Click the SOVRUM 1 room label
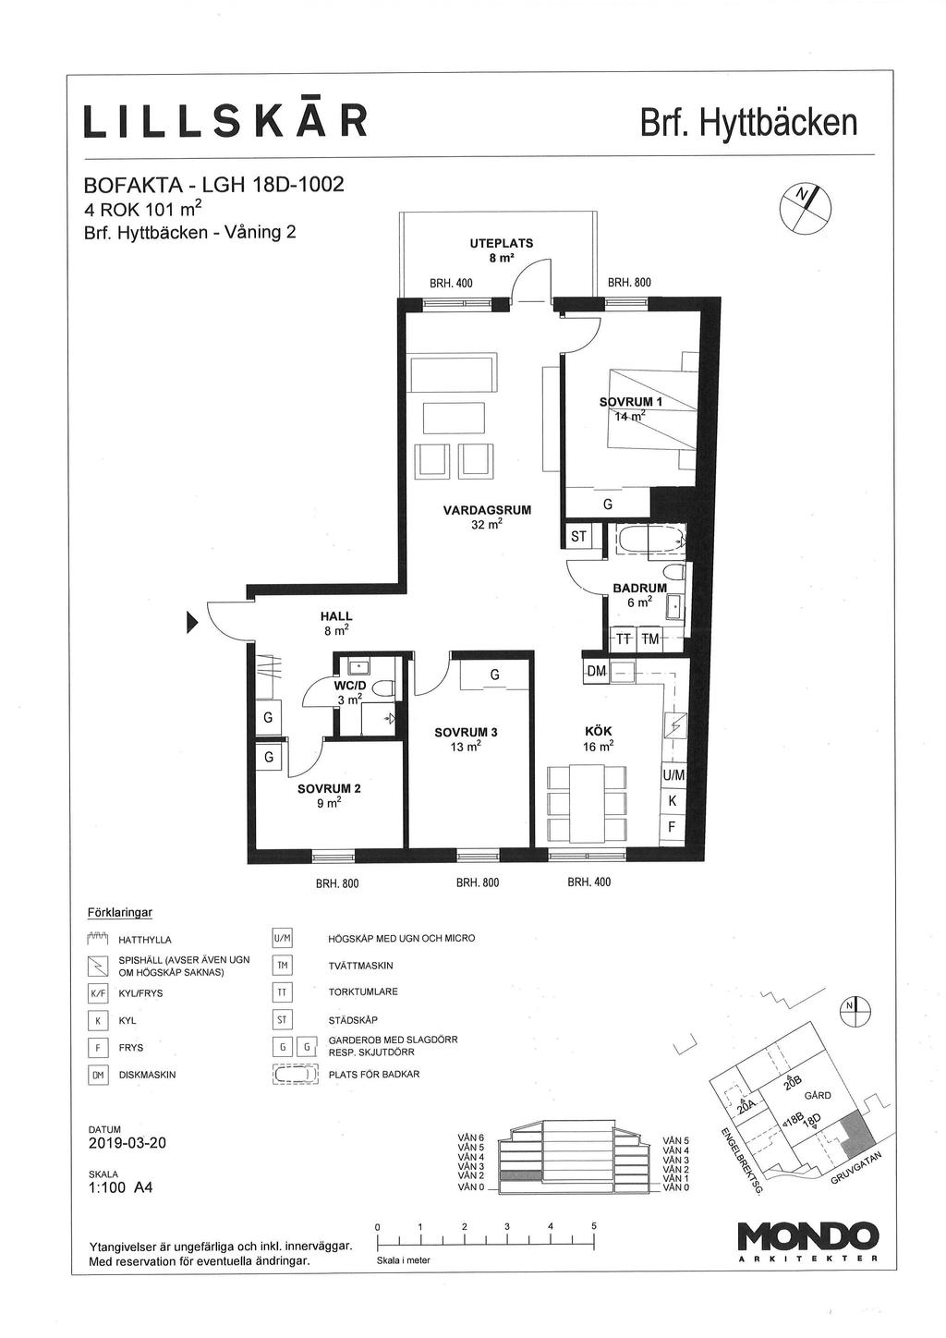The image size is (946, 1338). [631, 401]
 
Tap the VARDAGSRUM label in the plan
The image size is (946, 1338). [487, 510]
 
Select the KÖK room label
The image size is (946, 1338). [598, 731]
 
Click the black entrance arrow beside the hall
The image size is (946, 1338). [192, 622]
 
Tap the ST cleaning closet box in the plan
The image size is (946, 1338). [577, 536]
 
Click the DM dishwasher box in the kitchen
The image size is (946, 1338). [596, 671]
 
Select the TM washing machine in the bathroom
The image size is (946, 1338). [649, 639]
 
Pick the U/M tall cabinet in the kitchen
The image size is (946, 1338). [673, 775]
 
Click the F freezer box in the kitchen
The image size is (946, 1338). [672, 827]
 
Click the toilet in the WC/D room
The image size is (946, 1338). [385, 689]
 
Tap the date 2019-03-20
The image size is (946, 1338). [127, 1143]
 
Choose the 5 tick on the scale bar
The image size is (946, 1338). [594, 1233]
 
